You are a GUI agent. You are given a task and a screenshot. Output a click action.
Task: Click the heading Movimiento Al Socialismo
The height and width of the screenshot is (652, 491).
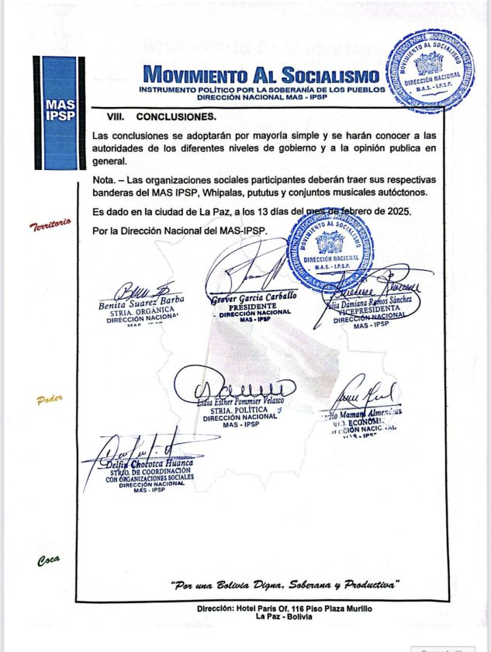click(x=262, y=76)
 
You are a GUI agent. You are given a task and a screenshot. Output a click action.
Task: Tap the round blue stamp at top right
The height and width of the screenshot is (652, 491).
click(x=429, y=71)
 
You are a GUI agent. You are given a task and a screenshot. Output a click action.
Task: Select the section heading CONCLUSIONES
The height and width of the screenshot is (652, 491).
click(x=176, y=118)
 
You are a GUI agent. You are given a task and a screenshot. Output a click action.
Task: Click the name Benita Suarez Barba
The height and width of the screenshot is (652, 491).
click(x=140, y=303)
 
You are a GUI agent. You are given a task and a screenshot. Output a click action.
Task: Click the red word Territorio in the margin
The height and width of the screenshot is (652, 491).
click(x=50, y=225)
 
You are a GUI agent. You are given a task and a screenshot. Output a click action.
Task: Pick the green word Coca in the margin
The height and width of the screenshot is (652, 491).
click(x=48, y=560)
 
